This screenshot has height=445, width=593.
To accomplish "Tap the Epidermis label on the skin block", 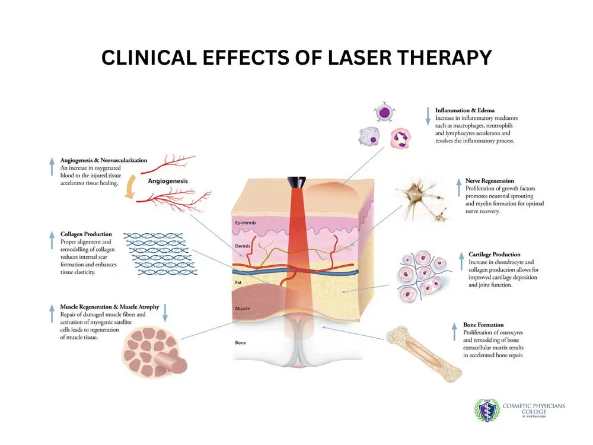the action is coord(246,223).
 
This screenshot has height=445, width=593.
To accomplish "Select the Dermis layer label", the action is coord(243,246).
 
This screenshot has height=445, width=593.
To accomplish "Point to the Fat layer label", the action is coord(238,282).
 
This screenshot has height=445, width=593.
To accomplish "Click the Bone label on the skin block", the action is coord(241,342).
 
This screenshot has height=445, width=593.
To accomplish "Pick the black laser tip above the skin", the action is coord(296,182).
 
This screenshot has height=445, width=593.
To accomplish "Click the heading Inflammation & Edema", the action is coord(465,110).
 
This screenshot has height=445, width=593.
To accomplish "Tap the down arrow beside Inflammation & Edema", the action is coord(428,116).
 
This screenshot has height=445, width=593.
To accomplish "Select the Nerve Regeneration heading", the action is coord(489,180).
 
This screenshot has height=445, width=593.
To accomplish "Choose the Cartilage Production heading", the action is coord(495,255).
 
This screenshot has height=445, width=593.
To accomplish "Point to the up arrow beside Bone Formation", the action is coord(455,332).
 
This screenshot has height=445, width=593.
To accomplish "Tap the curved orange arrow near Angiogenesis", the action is coord(130,186).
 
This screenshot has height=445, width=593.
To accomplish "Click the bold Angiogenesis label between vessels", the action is coord(168,181).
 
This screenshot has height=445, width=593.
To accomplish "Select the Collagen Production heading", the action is coord(86,234).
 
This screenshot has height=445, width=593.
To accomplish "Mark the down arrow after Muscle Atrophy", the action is coord(165,313).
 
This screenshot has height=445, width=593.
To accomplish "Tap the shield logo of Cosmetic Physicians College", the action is coord(487,411).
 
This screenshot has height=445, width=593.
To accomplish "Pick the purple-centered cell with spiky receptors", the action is coord(384,112).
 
